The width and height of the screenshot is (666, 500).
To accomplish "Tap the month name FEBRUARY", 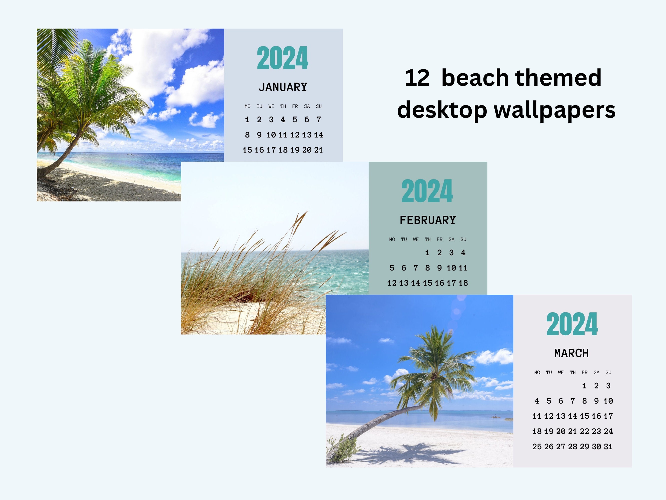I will pyautogui.click(x=428, y=220).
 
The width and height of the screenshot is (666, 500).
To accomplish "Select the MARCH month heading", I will pyautogui.click(x=571, y=353).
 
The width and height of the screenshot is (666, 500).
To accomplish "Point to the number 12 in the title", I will pyautogui.click(x=417, y=78).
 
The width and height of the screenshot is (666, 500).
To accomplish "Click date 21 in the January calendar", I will pyautogui.click(x=319, y=150).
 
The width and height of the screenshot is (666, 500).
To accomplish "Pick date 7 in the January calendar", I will pyautogui.click(x=319, y=120).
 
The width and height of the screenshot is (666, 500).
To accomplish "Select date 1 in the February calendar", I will pyautogui.click(x=427, y=253).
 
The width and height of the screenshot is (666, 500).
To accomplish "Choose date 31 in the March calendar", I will pyautogui.click(x=608, y=447).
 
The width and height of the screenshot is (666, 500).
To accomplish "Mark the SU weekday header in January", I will pyautogui.click(x=319, y=106).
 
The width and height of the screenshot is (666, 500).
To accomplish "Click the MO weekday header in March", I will pyautogui.click(x=537, y=372).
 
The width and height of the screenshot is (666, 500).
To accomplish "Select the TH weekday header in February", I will pyautogui.click(x=428, y=239).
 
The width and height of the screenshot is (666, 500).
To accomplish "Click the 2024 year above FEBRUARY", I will pyautogui.click(x=427, y=191).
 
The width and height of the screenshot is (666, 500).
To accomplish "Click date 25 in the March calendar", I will pyautogui.click(x=537, y=447).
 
